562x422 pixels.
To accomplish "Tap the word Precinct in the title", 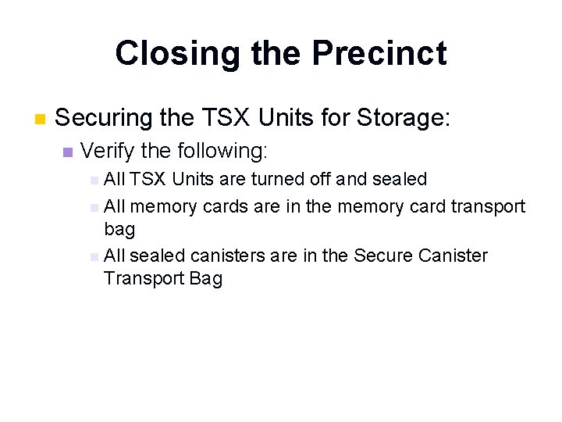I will tap(379, 54).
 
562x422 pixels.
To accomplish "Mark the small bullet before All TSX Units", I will tap(94, 181).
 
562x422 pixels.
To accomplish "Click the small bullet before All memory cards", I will tap(94, 208).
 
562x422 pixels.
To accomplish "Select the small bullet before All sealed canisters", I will tap(94, 256).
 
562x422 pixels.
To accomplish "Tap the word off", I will tap(320, 179).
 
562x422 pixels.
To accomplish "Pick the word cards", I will tap(226, 206).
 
